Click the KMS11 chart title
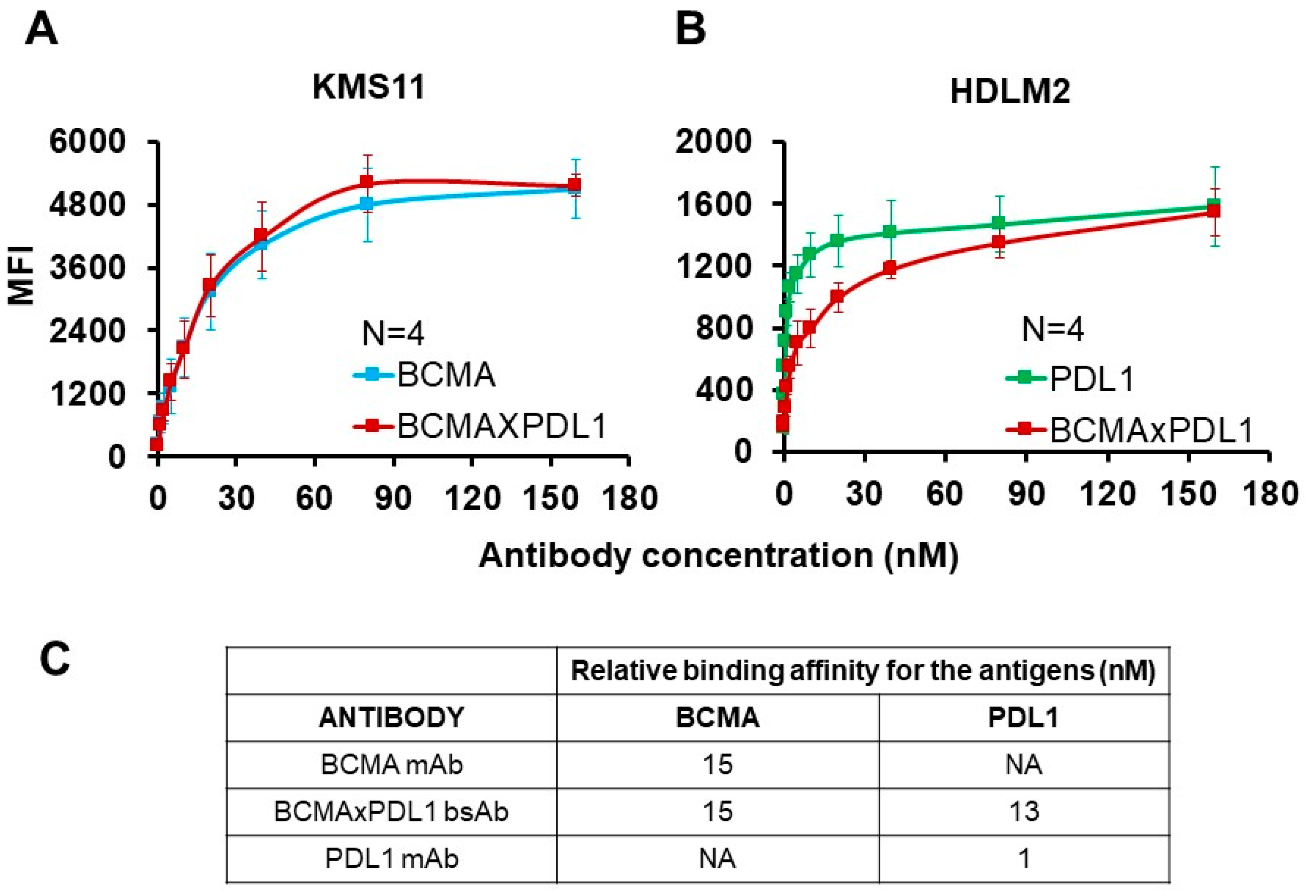click(x=368, y=88)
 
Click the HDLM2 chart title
click(x=1010, y=92)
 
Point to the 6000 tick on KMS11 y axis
click(x=87, y=141)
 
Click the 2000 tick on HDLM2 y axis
click(x=713, y=141)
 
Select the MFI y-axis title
click(x=21, y=275)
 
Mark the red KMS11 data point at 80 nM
click(x=366, y=182)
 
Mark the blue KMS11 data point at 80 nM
click(x=366, y=203)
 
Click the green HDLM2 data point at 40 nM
click(x=890, y=232)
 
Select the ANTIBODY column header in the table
click(x=391, y=718)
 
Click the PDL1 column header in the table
click(x=1023, y=718)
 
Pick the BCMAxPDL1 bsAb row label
click(x=391, y=811)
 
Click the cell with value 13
click(x=1023, y=811)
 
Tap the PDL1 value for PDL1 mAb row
click(x=1023, y=859)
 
